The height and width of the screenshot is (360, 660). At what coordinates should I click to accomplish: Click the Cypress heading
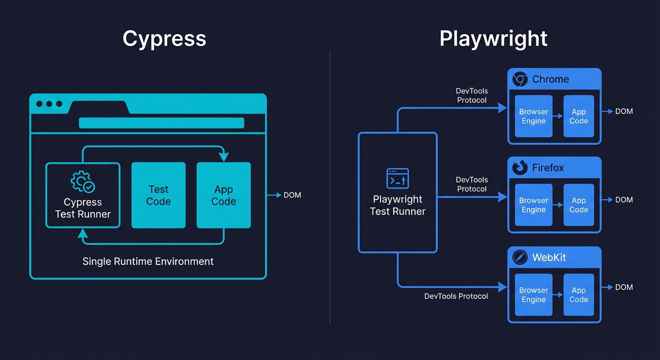[x=164, y=38]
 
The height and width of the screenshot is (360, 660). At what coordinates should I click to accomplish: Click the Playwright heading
[x=493, y=38]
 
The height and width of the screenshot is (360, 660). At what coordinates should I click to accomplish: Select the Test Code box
[x=158, y=195]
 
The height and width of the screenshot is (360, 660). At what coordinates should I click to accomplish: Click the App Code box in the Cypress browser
[x=224, y=195]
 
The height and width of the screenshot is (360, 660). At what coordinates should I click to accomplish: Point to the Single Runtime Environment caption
[x=148, y=262]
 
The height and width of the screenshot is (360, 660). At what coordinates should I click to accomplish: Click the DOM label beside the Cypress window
[x=292, y=195]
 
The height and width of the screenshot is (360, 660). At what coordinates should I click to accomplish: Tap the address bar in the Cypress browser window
[x=161, y=123]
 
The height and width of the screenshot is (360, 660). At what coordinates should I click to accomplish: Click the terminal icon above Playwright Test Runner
[x=397, y=179]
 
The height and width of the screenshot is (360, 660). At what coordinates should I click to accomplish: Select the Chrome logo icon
[x=520, y=79]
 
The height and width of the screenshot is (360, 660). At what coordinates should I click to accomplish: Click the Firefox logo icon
[x=520, y=167]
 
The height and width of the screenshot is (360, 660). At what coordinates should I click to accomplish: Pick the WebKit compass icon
[x=520, y=257]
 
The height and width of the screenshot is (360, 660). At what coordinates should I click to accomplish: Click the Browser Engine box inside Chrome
[x=533, y=116]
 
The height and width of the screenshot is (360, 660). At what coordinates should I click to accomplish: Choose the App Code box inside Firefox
[x=578, y=205]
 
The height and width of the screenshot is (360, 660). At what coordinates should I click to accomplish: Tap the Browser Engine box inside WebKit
[x=533, y=295]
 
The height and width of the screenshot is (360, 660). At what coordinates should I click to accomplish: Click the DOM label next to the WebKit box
[x=624, y=287]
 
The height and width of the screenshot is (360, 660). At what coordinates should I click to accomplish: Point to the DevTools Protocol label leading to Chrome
[x=472, y=96]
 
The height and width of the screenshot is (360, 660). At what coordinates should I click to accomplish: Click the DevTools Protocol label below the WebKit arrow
[x=456, y=296]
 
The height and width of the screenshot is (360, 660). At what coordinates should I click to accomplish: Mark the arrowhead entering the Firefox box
[x=503, y=197]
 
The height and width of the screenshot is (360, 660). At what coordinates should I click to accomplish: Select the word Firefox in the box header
[x=548, y=168]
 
